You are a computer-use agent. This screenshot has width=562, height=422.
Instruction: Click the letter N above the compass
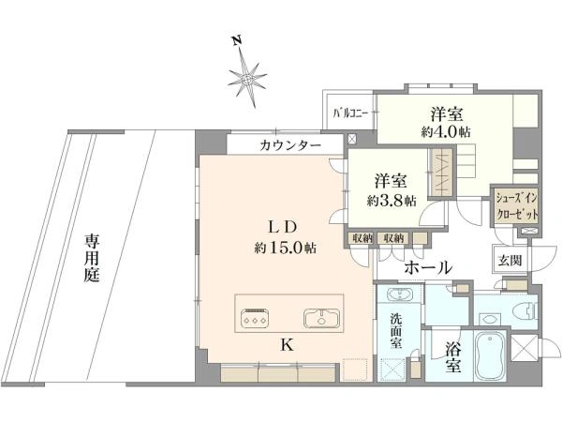pos(236,41)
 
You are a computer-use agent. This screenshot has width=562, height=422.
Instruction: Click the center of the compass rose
pos(247,79)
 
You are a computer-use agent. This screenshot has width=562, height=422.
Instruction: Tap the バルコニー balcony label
pos(350,114)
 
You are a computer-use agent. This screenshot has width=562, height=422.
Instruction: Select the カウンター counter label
pos(290,145)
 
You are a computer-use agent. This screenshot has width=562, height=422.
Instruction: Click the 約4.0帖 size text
pos(446,132)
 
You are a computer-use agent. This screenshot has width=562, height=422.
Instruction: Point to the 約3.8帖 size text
pos(391,201)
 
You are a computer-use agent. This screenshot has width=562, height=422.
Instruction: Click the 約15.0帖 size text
pos(286,248)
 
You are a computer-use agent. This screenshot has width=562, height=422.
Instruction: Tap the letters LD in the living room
pos(283,226)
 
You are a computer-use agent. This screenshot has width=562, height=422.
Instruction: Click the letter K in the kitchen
pos(288,345)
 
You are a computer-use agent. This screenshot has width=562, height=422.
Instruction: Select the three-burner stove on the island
pos(255,318)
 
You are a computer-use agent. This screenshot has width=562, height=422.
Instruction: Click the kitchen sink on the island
pos(321,318)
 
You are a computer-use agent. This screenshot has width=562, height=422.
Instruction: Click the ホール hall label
pos(428,267)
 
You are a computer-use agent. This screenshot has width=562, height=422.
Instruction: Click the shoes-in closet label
pos(516,206)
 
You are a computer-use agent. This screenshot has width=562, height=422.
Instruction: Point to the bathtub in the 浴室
pos(490,356)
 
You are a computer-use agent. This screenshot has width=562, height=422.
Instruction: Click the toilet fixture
pos(526,309)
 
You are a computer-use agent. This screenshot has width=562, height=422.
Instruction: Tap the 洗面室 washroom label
pos(395,330)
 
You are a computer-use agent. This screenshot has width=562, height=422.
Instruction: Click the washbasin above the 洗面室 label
pos(400,294)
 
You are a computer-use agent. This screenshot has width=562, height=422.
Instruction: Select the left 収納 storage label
pos(362,237)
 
